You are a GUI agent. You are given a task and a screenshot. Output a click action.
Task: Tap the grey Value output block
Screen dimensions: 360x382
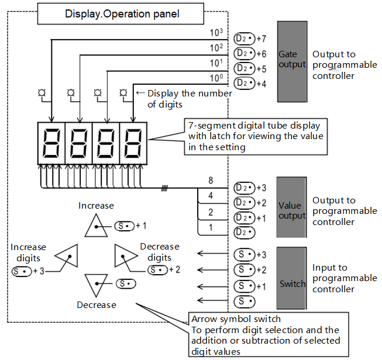[x=292, y=210]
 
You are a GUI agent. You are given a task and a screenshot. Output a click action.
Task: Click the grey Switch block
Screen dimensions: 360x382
[x=292, y=277]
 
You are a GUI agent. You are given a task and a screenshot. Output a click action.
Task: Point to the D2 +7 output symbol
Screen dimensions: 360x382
[x=245, y=39]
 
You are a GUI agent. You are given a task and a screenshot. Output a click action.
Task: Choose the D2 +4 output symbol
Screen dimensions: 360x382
[x=245, y=84]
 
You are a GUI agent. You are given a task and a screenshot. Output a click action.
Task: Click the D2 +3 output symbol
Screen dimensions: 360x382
[x=245, y=188]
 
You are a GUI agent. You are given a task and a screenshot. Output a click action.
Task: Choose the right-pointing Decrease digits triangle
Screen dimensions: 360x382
[x=125, y=255]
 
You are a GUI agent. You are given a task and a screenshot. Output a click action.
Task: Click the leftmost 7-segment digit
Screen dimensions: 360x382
[x=51, y=143]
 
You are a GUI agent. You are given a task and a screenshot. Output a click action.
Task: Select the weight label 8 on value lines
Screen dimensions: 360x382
[x=211, y=181]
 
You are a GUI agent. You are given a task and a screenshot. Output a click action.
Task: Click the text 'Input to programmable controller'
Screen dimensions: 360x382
[x=345, y=278]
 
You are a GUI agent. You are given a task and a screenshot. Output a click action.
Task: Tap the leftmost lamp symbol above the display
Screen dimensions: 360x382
[x=43, y=92]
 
